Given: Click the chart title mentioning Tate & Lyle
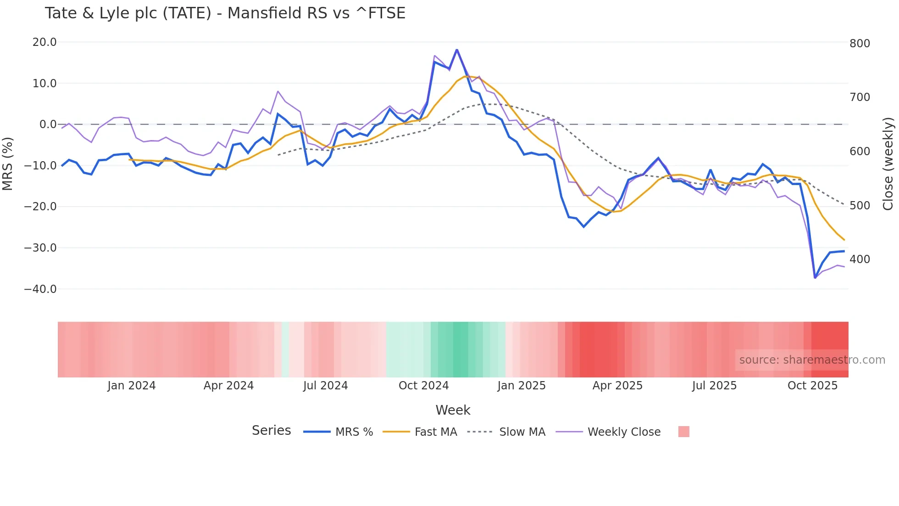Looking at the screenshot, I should [x=225, y=13].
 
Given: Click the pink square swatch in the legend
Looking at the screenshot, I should [x=683, y=432].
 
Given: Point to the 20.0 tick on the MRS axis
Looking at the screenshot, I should [x=44, y=42].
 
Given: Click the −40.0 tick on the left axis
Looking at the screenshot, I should [x=40, y=289].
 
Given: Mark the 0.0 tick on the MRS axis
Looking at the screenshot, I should [x=48, y=124].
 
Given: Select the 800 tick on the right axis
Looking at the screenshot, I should [x=860, y=44].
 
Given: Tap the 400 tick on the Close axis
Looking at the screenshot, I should [x=860, y=259].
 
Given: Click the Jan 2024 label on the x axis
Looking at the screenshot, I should [x=132, y=386].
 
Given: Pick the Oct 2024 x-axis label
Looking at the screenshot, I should [x=423, y=386].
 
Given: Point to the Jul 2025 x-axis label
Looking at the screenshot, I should [x=714, y=386].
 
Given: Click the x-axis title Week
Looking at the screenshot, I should [x=453, y=410].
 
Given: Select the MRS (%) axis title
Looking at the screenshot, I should [x=7, y=163].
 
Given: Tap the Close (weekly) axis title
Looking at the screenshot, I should [x=888, y=163].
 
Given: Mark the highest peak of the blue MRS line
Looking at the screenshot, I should [x=457, y=50].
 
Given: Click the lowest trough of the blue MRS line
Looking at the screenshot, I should [x=815, y=278].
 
